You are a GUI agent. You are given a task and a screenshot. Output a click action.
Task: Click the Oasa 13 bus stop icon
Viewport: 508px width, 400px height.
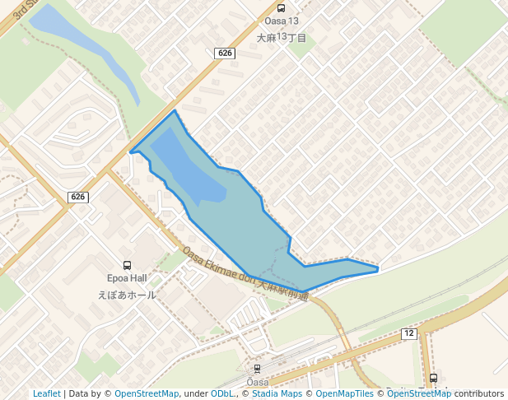(x=282, y=7)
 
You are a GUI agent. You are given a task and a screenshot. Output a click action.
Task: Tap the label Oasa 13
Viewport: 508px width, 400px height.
(x=282, y=21)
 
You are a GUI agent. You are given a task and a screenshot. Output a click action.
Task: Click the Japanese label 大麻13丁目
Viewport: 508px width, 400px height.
(x=282, y=38)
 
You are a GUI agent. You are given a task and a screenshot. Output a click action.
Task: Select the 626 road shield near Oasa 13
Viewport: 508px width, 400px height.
(x=224, y=53)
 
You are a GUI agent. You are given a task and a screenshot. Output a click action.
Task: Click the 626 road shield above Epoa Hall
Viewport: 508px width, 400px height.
(x=77, y=197)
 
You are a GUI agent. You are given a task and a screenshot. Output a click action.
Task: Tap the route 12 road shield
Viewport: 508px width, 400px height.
(x=409, y=333)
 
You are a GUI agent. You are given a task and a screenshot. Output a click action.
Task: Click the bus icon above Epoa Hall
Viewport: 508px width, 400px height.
(x=127, y=265)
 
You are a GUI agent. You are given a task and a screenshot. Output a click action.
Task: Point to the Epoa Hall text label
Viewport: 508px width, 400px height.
(x=127, y=279)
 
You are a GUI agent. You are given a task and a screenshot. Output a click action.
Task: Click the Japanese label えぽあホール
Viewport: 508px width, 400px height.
(x=127, y=295)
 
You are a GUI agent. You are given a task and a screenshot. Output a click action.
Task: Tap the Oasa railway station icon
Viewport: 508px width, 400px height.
(x=257, y=369)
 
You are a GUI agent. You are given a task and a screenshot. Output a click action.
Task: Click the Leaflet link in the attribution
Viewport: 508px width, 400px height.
(x=46, y=393)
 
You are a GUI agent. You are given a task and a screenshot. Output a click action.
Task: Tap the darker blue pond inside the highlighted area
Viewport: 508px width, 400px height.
(x=185, y=169)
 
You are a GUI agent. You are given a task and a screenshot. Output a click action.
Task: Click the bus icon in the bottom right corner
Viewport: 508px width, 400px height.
(x=434, y=378)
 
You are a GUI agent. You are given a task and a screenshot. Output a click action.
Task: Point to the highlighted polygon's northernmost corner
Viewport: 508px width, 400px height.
(x=175, y=110)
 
